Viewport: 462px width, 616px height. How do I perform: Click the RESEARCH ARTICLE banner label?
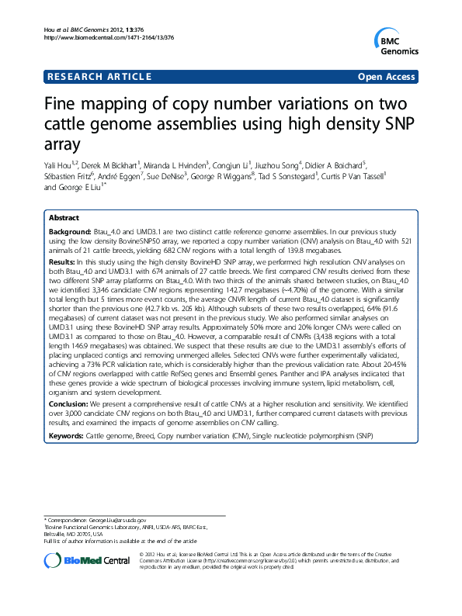click(x=99, y=77)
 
